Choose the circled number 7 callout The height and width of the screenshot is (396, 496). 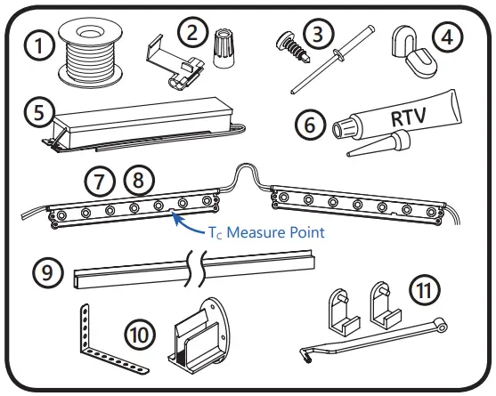coord(101,182)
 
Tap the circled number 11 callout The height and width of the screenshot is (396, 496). coord(422,290)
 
